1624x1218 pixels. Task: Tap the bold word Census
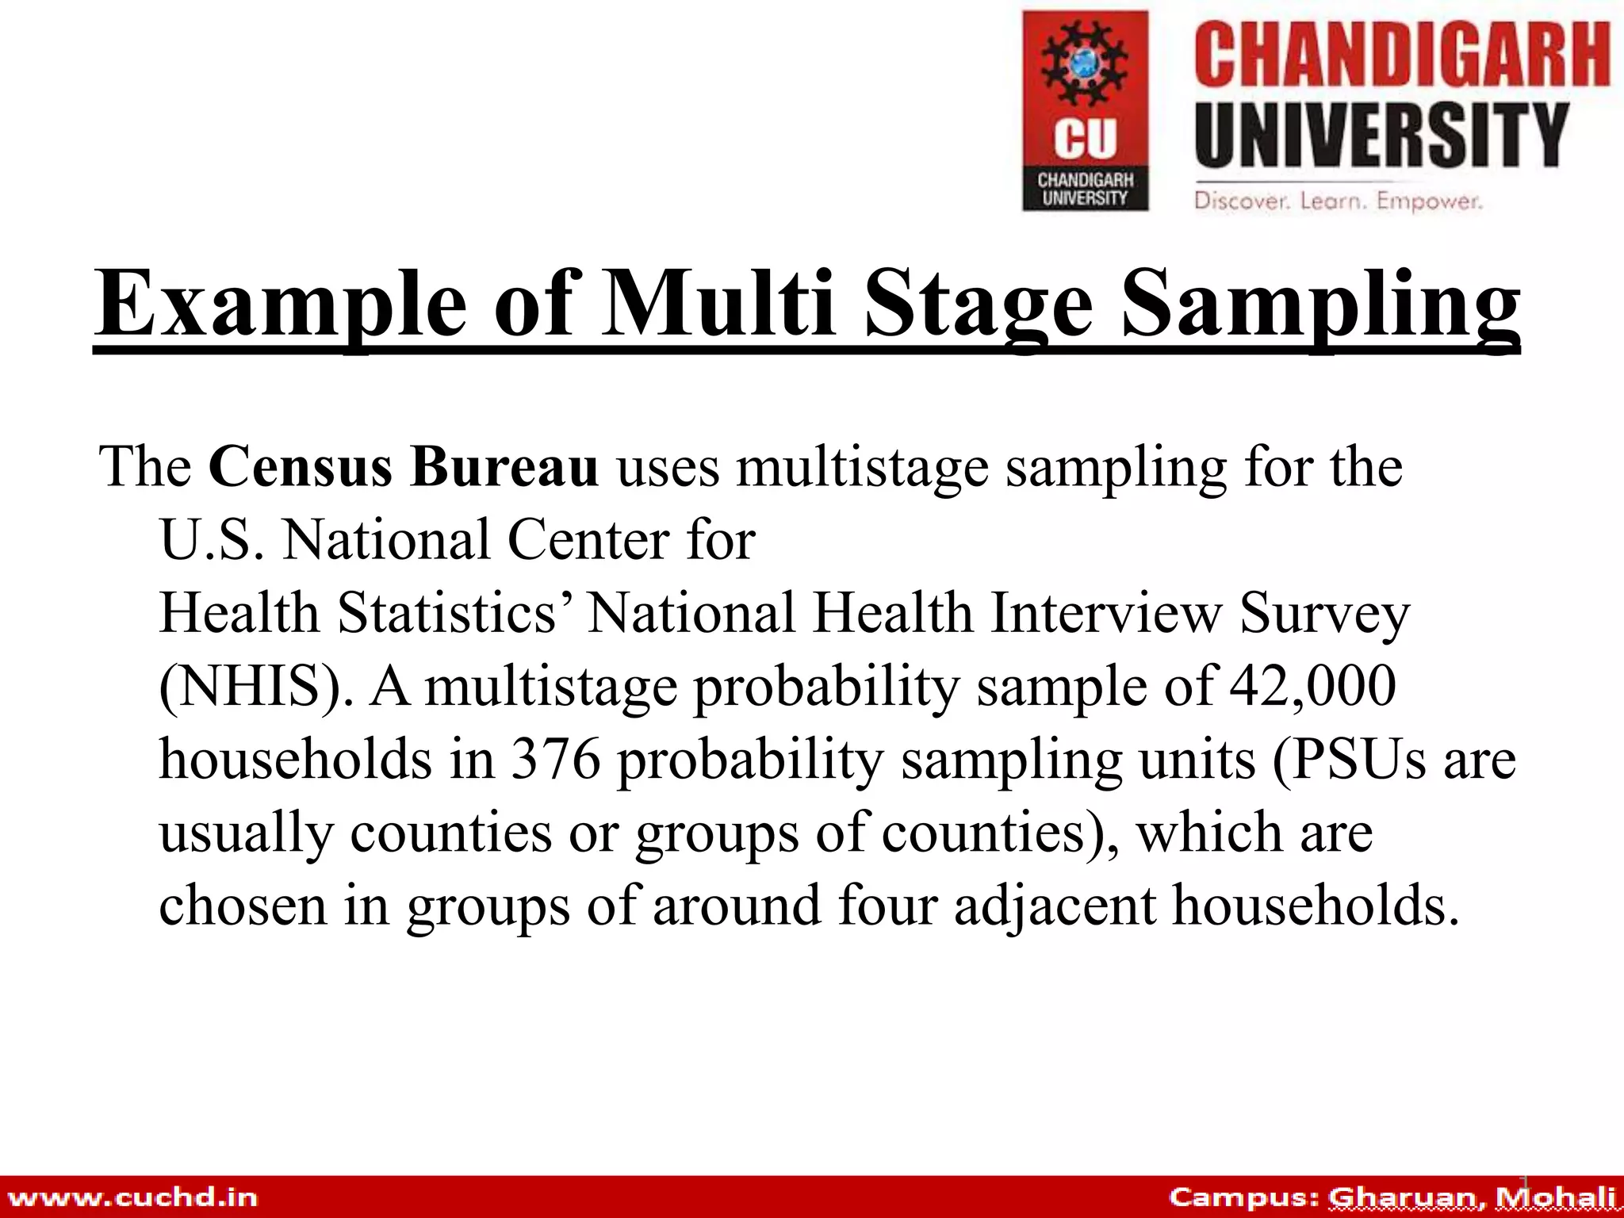[300, 467]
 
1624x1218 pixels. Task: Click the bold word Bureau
[504, 467]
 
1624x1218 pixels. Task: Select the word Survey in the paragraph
[1325, 615]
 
